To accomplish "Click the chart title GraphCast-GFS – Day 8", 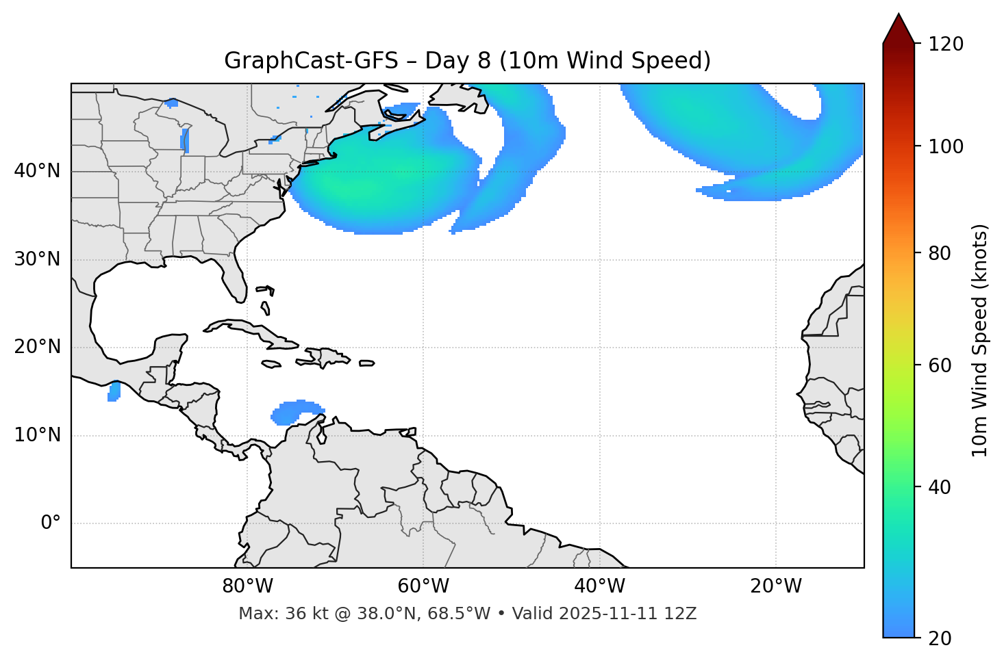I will click(x=467, y=61).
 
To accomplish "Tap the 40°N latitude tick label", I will click(x=37, y=171).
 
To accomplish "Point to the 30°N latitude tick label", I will click(x=37, y=259).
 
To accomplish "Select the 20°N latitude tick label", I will click(x=37, y=348).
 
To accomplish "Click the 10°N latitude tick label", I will click(x=37, y=435).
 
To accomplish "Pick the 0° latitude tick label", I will click(x=50, y=523).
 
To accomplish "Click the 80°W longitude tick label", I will click(x=247, y=586).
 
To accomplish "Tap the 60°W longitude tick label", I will click(x=423, y=586).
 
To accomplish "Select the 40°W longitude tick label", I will click(x=599, y=586).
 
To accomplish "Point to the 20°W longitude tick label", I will click(x=775, y=586).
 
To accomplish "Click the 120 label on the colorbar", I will click(x=947, y=44).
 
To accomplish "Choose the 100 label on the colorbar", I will click(x=947, y=146).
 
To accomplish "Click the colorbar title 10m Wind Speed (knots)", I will click(x=980, y=340).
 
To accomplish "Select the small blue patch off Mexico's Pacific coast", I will click(x=114, y=392).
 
